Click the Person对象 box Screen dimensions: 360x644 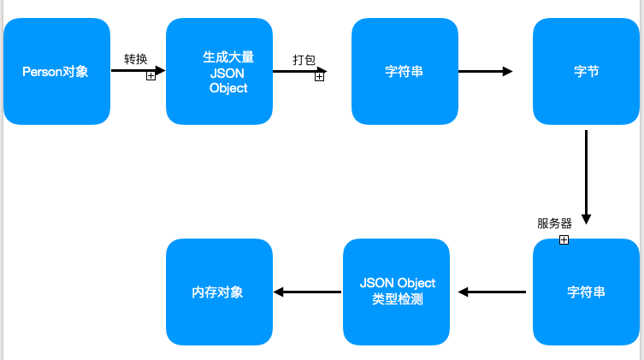tap(57, 72)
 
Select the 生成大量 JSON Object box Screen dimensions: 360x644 tap(219, 72)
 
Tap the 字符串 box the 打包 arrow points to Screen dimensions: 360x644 tap(405, 72)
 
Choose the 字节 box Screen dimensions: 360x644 tap(586, 72)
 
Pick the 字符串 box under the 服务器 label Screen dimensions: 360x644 tap(586, 292)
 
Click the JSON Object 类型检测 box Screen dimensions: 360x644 tap(397, 292)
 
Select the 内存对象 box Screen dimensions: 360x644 tap(219, 292)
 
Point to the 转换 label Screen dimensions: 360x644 tap(136, 59)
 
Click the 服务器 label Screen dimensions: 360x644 tap(554, 224)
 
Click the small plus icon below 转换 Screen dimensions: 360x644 tap(151, 76)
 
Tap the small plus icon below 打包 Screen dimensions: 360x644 tap(319, 76)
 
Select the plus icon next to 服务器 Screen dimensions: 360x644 tap(564, 240)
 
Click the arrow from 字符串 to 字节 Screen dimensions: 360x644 tap(485, 72)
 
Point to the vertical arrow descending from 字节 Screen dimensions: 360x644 tap(586, 175)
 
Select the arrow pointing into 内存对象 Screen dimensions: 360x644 tap(307, 292)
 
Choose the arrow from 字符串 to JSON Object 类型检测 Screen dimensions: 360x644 tap(493, 292)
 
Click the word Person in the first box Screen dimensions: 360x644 tap(39, 72)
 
